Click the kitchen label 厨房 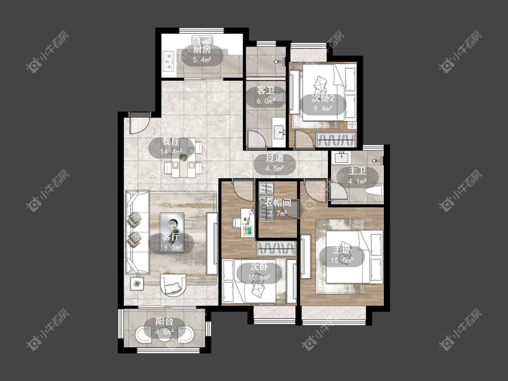coord(202,50)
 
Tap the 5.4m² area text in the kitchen coord(202,60)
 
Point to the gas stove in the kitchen coord(168,61)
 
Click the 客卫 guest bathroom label coord(266,90)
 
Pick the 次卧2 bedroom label coord(323,98)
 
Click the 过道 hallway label coord(275,158)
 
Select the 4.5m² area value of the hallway coord(275,168)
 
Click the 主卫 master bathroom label coord(357,171)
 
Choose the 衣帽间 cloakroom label coord(278,203)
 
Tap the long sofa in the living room coord(137,232)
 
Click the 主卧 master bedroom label coord(342,250)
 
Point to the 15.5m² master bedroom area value coord(342,260)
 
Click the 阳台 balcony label coord(164,321)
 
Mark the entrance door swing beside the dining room coord(140,123)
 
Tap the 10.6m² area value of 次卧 coord(259,277)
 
